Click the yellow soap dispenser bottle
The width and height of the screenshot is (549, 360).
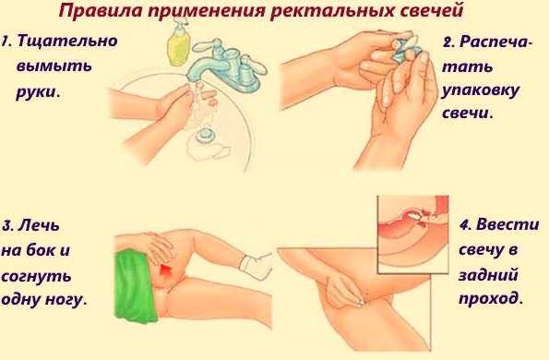(x=179, y=42)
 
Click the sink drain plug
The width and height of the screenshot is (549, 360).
(x=204, y=135)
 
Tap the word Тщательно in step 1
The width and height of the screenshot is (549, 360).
(x=67, y=41)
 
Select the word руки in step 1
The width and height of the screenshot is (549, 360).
(x=36, y=93)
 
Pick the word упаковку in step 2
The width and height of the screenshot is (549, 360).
(x=480, y=91)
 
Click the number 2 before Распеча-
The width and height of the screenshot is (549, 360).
(x=448, y=42)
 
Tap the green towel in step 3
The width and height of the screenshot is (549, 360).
(x=135, y=285)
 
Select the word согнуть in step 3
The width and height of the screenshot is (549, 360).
(x=36, y=277)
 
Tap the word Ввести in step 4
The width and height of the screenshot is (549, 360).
(x=507, y=224)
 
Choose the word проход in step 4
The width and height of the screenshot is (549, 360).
(x=488, y=299)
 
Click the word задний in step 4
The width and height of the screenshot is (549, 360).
(x=488, y=274)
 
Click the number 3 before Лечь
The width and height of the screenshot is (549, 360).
(x=7, y=226)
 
